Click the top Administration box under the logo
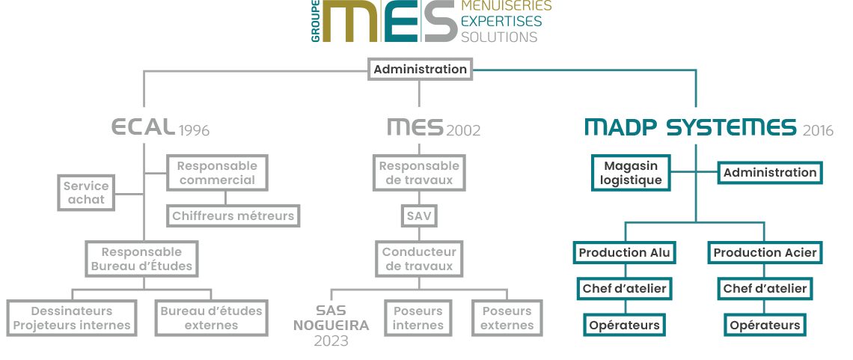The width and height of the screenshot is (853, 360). (x=420, y=70)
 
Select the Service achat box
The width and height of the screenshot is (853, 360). (x=86, y=192)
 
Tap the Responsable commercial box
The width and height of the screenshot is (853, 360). (x=217, y=173)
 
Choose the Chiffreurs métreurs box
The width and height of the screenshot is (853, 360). (x=233, y=216)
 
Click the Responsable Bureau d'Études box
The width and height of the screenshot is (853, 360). (x=141, y=259)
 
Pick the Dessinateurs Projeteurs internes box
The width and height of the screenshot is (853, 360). (x=72, y=318)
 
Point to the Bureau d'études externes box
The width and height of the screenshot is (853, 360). (x=211, y=318)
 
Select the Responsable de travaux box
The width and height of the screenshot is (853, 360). (x=419, y=173)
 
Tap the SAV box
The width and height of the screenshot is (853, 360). (x=418, y=216)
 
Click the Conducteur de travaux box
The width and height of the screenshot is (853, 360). (x=418, y=259)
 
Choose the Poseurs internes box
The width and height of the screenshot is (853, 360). (x=418, y=318)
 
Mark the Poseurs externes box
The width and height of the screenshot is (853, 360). (x=507, y=318)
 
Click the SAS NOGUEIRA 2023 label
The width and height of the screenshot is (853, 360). (x=331, y=326)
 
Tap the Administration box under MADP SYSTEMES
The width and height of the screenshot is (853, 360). (x=770, y=173)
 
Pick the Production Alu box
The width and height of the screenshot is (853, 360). (x=624, y=253)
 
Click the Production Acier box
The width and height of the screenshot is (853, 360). (x=765, y=253)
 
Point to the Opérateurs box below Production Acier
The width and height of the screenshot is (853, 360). (x=765, y=325)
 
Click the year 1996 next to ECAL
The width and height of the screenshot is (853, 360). (x=194, y=131)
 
